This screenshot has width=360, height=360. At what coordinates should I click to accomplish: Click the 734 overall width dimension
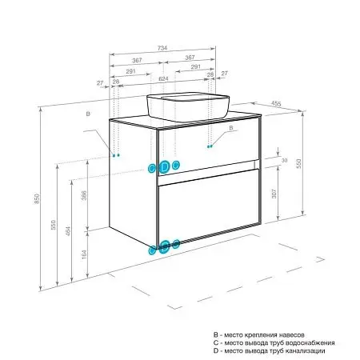pos(162,48)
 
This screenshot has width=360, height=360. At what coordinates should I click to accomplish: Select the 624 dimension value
pos(163,78)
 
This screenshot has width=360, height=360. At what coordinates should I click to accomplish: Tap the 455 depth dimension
pos(276,103)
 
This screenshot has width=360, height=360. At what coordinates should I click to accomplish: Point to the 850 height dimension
pos(37,198)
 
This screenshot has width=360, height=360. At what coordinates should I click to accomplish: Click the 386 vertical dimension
pos(84,195)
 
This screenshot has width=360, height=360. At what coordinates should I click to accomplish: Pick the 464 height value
pos(68,231)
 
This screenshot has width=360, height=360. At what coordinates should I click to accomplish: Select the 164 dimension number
pos(84,254)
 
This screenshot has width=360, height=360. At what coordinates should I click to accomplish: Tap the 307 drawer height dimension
pos(274,194)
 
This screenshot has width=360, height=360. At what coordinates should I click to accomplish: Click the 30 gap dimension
pos(284,160)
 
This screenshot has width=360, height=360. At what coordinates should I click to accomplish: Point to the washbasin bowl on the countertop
pos(188,106)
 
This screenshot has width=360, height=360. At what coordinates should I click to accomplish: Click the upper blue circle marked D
pos(165,167)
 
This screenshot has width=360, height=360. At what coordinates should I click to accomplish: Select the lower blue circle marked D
pos(165,246)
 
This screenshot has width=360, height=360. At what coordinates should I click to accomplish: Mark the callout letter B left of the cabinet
pos(88,114)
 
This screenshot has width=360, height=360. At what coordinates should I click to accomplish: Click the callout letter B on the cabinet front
pos(231,128)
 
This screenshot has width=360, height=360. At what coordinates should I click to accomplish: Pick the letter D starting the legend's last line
pos(216,350)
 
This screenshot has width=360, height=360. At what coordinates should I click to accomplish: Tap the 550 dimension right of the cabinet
pos(298,163)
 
